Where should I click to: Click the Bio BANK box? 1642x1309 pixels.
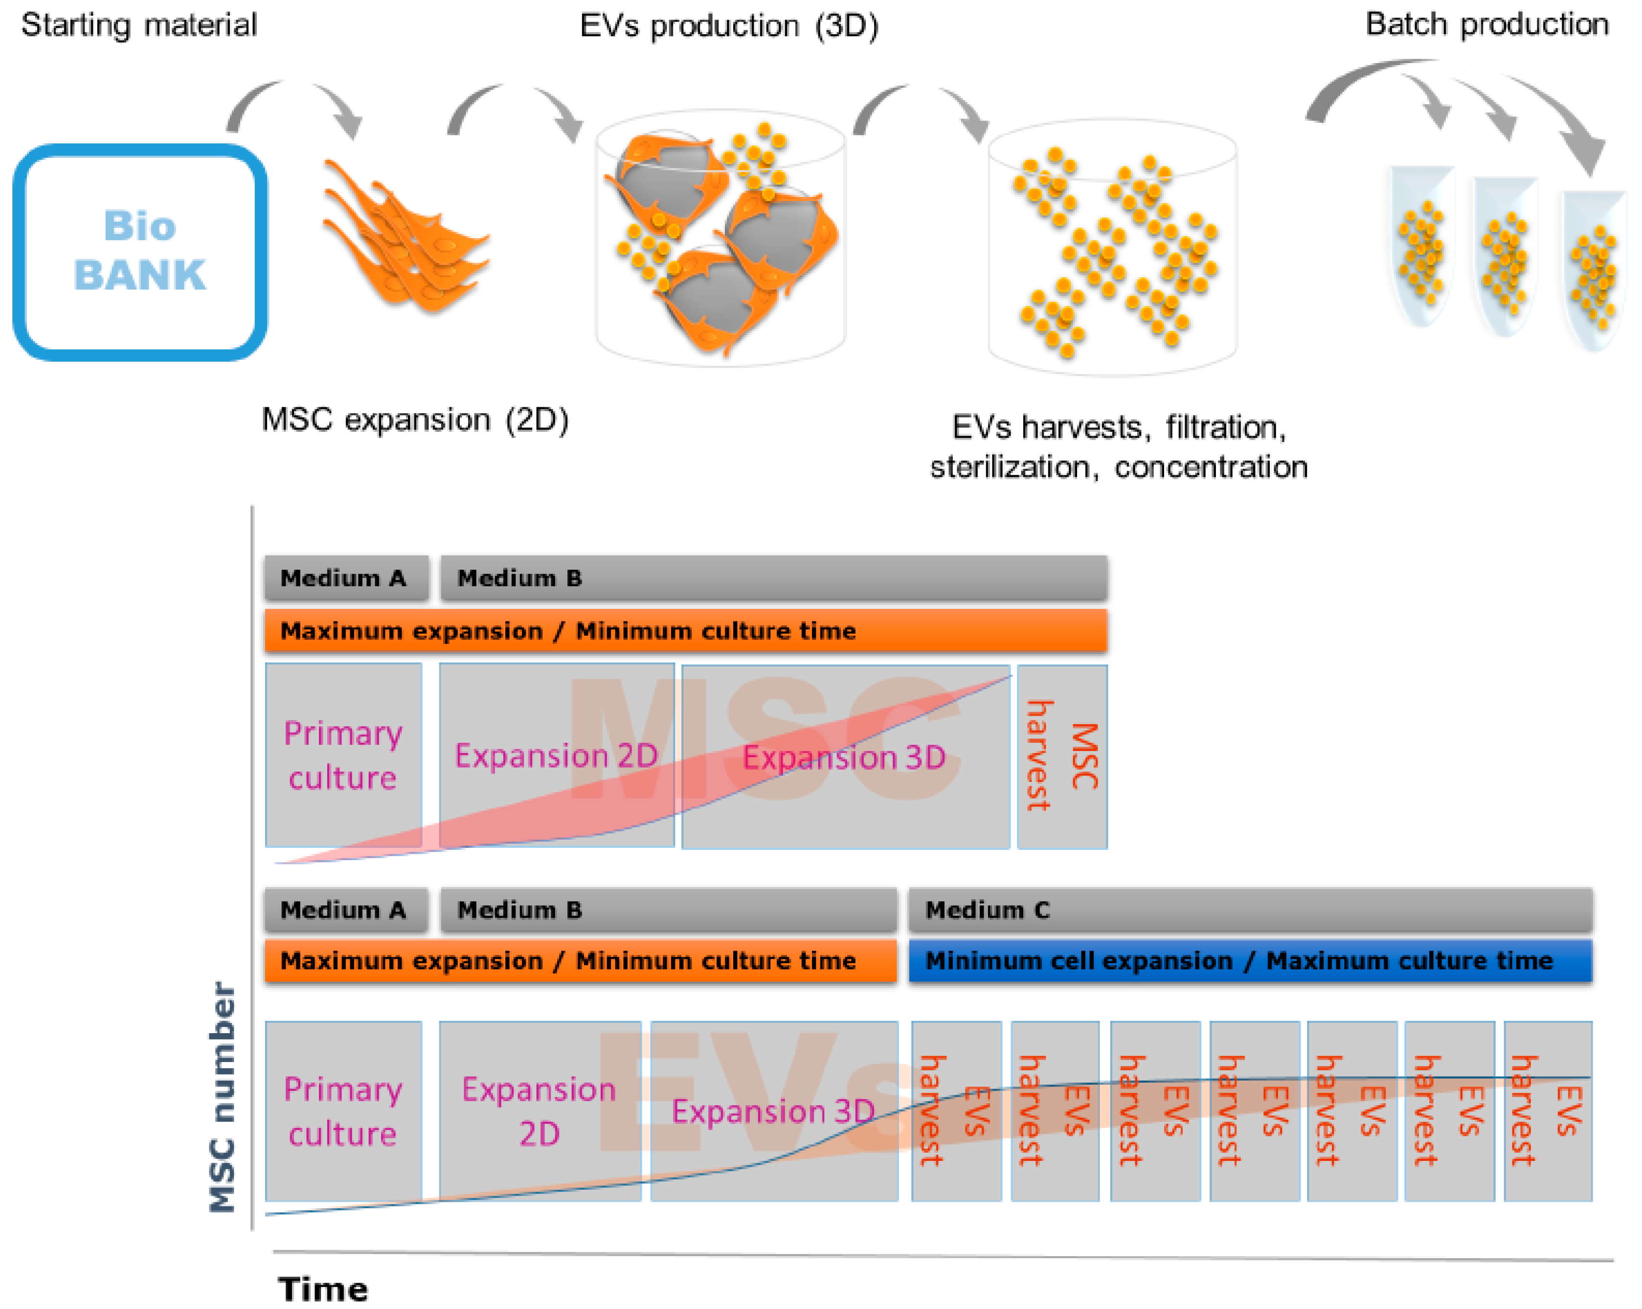point(140,252)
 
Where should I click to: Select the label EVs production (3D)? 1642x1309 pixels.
point(729,26)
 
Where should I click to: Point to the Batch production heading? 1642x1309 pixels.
point(1486,24)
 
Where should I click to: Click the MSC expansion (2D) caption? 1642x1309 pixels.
point(415,420)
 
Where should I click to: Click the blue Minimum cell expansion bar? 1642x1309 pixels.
point(1249,960)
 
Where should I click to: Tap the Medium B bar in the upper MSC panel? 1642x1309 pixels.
point(773,578)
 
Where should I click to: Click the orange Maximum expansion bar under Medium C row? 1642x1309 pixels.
point(580,960)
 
